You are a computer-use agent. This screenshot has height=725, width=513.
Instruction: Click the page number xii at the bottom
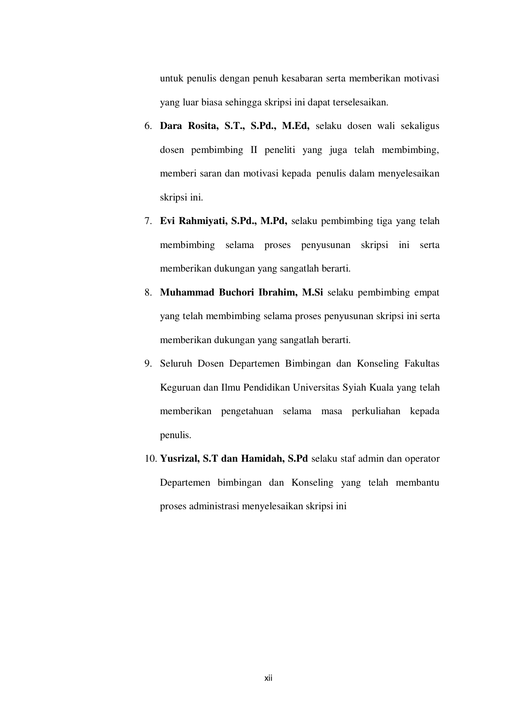click(x=269, y=678)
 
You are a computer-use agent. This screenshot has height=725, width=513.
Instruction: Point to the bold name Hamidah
click(x=262, y=459)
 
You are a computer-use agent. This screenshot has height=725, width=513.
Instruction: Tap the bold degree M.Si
click(x=313, y=293)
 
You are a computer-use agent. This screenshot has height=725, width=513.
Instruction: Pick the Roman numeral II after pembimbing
click(x=254, y=150)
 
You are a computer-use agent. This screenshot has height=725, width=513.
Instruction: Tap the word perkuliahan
click(x=376, y=411)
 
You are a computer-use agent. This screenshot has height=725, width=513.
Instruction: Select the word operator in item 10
click(x=422, y=459)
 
